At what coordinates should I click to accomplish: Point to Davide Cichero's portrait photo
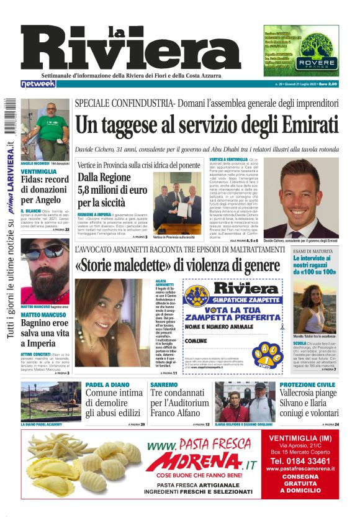coord(309,198)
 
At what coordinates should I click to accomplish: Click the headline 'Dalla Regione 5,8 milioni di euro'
coord(110,190)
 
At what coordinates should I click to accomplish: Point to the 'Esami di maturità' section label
coord(313,251)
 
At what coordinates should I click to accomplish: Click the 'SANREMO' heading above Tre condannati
coord(164,384)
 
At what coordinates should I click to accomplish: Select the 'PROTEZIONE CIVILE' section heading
coord(308,384)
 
